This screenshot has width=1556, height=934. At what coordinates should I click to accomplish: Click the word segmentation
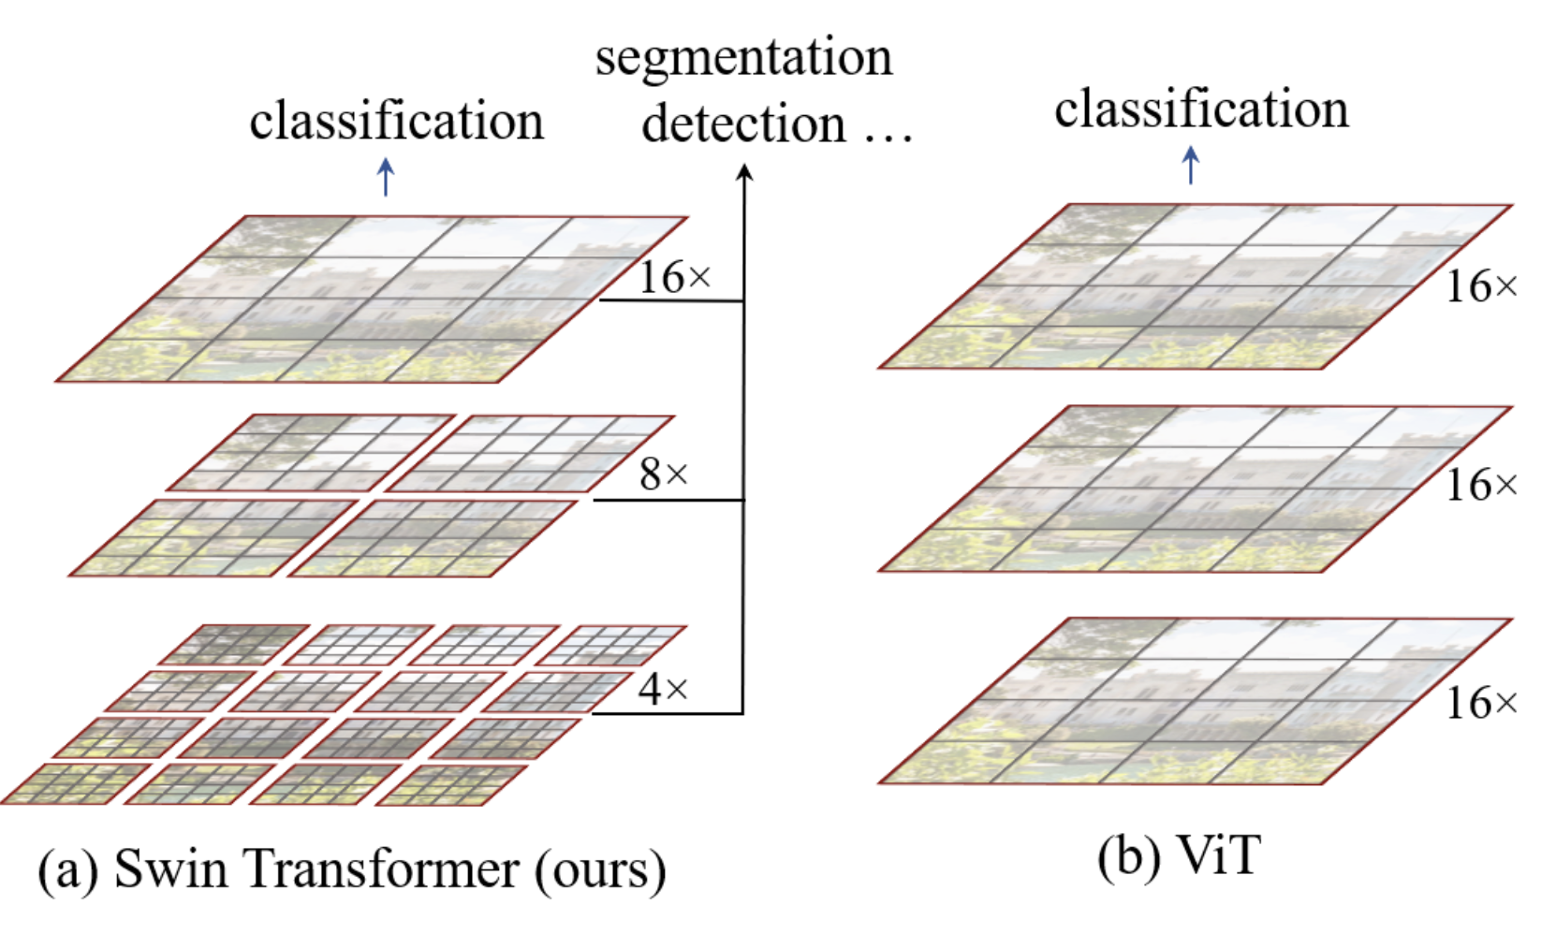(743, 58)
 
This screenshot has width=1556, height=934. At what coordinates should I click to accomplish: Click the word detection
(743, 124)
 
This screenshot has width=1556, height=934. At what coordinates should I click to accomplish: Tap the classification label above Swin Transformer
(396, 122)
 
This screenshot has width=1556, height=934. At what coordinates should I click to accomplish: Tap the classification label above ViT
(1201, 109)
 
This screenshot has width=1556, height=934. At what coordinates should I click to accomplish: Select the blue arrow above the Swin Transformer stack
(386, 176)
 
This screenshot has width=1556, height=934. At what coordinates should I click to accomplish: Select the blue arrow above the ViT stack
(1190, 165)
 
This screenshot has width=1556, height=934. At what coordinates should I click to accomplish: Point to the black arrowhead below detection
(744, 171)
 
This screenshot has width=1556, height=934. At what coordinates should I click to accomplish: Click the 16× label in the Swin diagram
(674, 277)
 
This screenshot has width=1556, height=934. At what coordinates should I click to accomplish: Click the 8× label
(664, 474)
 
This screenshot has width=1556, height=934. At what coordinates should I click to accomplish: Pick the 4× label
(664, 690)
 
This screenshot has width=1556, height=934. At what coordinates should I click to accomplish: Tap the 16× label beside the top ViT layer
(1481, 286)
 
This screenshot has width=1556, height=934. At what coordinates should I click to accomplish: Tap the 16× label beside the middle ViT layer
(1481, 485)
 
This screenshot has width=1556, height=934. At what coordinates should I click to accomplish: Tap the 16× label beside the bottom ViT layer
(1481, 703)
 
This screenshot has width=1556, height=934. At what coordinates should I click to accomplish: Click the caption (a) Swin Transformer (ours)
(352, 870)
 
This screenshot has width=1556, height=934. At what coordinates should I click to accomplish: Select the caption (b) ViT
(1180, 855)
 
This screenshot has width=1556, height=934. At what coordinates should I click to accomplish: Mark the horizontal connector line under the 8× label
(668, 500)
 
